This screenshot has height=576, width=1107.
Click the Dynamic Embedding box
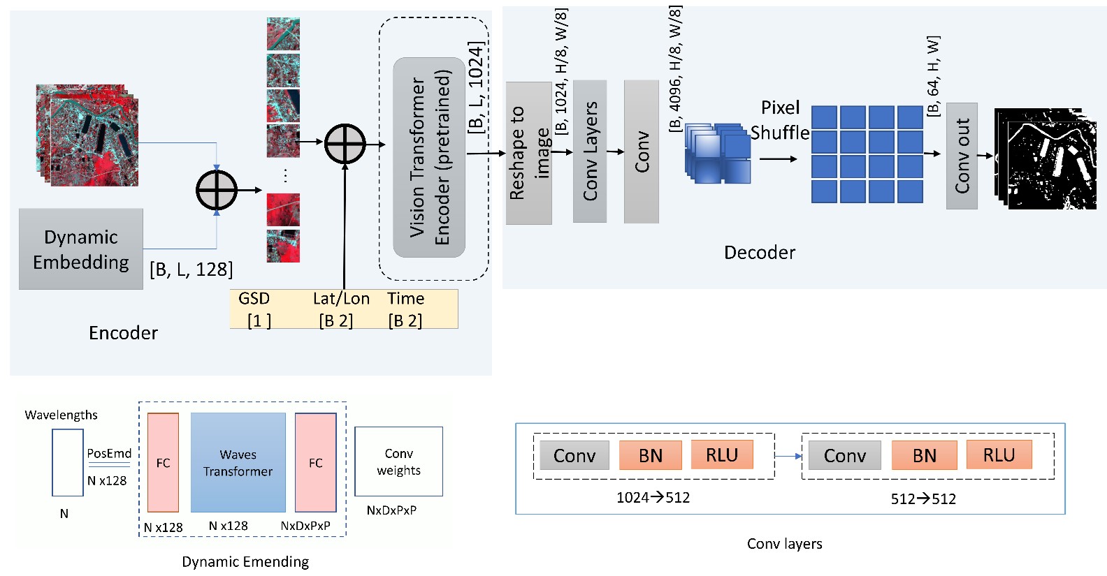pos(81,249)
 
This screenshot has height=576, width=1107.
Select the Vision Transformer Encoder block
pos(429,157)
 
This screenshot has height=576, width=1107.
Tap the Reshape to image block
pos(528,153)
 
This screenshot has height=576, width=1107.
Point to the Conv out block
pos(962,156)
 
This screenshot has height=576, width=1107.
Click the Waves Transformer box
pos(238,462)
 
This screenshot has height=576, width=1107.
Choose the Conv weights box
pos(398,461)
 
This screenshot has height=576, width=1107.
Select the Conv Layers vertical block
pos(590,151)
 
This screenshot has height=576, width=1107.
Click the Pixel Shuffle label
pos(780,120)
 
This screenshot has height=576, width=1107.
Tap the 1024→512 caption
pos(653,498)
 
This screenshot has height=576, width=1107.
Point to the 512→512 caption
pos(923,499)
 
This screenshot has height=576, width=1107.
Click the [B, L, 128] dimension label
pos(191,269)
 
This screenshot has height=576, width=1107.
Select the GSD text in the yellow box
pos(254,299)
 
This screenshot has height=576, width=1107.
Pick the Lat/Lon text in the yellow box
pos(341,299)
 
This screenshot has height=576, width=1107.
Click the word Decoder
pos(760,253)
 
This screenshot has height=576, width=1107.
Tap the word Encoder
pos(123,333)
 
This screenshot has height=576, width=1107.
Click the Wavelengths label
pos(61,415)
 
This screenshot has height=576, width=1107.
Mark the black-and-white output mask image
pos(1045,159)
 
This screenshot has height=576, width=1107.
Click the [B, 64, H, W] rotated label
pos(934,76)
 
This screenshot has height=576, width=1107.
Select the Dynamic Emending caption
pos(245,562)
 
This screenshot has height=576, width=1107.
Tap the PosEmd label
pos(109,453)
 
